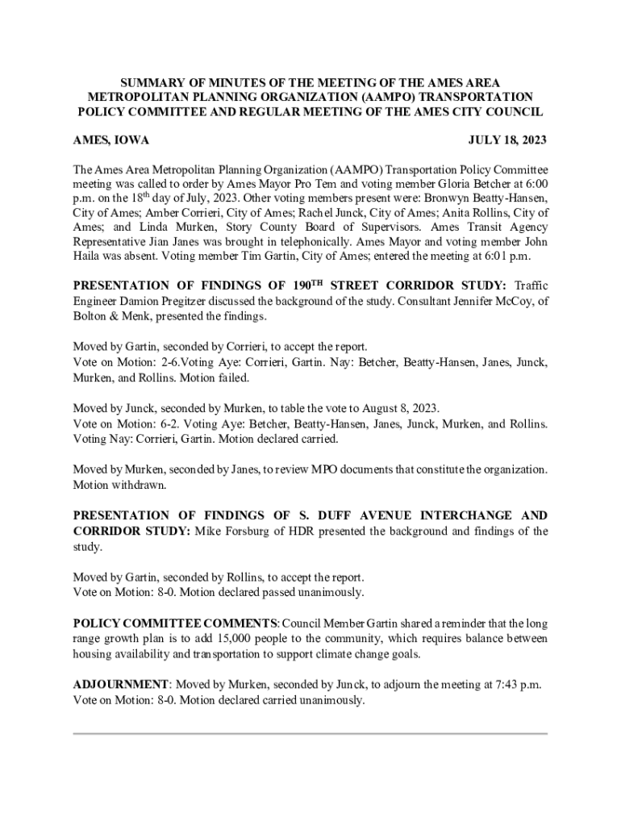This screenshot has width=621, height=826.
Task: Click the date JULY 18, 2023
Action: coord(507,140)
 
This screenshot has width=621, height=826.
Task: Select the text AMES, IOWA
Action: coord(111,140)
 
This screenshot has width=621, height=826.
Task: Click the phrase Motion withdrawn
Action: coord(119,486)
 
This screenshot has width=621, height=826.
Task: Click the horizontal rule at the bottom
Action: coord(310,733)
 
